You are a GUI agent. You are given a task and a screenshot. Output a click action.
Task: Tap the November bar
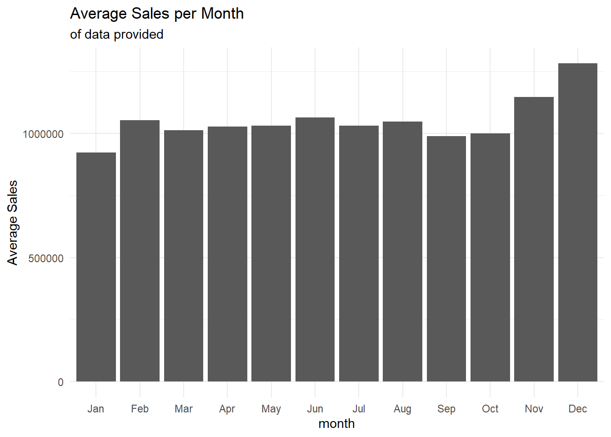534,239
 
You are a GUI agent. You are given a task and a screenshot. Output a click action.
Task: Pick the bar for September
446,259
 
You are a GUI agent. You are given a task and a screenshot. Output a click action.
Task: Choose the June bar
315,249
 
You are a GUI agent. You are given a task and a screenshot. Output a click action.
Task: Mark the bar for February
140,251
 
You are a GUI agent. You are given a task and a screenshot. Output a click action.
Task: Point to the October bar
490,257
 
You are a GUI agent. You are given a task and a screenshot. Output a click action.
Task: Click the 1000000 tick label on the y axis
43,134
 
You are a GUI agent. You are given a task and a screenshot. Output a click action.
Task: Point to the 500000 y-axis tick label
46,259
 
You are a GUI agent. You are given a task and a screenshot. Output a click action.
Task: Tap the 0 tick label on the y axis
60,382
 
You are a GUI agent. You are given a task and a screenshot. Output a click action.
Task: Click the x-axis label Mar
184,409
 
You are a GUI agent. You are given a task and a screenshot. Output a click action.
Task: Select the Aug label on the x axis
402,409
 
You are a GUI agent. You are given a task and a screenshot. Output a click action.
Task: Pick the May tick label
271,409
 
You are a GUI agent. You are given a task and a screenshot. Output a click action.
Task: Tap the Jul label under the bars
359,409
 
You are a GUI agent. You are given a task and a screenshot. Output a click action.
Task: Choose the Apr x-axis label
227,409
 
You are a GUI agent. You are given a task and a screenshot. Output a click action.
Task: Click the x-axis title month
336,424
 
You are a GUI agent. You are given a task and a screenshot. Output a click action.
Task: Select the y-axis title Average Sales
13,223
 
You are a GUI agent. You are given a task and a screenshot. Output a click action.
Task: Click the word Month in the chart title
222,14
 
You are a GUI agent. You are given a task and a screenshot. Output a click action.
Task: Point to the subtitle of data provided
117,35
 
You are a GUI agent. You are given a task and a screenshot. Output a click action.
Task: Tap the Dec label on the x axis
577,409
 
